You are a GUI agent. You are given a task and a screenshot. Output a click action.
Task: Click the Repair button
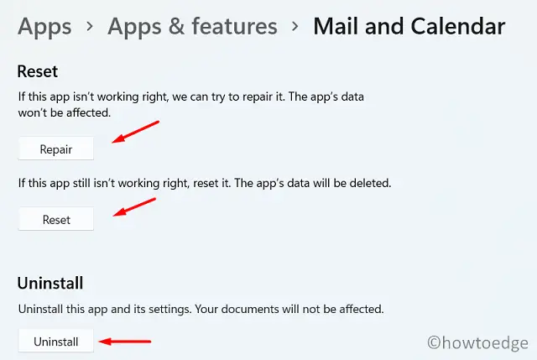[56, 149]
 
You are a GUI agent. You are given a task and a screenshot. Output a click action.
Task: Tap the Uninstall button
[56, 342]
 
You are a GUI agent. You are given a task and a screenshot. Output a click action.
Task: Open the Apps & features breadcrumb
[192, 27]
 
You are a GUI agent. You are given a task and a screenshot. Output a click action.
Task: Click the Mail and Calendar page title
[409, 27]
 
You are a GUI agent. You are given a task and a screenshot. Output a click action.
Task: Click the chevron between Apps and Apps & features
[89, 29]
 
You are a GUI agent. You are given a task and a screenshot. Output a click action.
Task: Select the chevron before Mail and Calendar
[295, 29]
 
